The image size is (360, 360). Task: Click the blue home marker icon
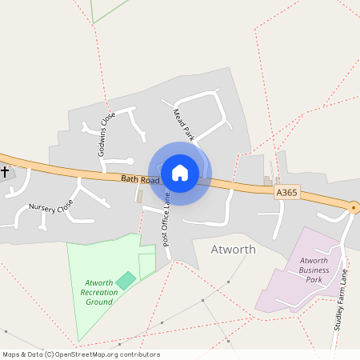180,172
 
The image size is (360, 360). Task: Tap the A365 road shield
287,193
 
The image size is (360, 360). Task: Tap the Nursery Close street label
50,208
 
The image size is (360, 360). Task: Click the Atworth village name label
233,250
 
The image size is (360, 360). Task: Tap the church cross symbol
5,172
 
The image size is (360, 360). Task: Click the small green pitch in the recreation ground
126,280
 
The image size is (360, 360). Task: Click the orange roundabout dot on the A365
354,207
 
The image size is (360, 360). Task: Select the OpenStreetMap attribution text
80,354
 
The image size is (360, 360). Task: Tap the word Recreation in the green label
99,292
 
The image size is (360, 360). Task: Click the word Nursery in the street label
42,208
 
